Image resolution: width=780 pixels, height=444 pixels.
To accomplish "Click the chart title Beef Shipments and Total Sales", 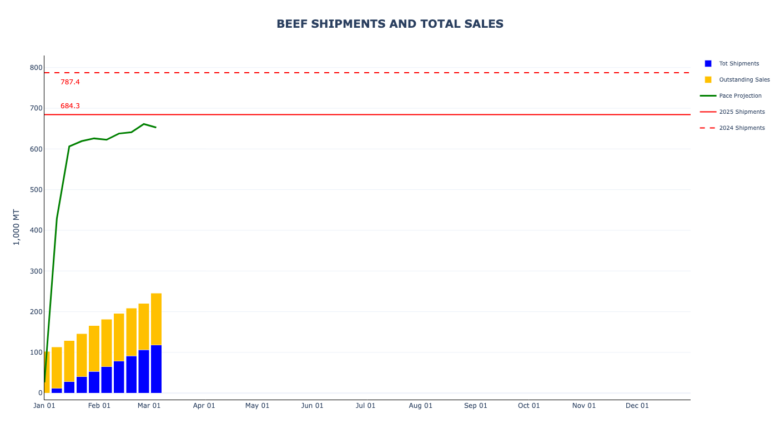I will tap(390, 24).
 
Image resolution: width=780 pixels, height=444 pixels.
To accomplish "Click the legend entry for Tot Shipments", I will tap(738, 64).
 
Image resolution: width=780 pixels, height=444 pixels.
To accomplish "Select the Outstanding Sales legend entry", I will tap(744, 80).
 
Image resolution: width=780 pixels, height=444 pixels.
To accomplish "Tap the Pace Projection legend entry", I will tap(740, 96).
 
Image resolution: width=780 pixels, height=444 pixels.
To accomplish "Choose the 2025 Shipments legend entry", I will tap(742, 112).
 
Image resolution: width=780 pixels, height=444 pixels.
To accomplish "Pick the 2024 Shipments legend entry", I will tap(742, 128).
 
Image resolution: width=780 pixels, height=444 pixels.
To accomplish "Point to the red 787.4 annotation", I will tap(70, 82).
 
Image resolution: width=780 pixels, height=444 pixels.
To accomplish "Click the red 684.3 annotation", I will tap(70, 106).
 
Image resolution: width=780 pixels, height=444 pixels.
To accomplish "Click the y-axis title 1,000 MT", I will tap(16, 227).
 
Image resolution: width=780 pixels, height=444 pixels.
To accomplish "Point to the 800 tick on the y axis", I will tap(36, 68).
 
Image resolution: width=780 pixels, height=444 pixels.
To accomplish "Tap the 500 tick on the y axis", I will tap(36, 190).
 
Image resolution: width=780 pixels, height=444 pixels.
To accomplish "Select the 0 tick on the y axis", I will tap(40, 393).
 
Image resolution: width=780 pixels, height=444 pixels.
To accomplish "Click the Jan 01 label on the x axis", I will tap(44, 406).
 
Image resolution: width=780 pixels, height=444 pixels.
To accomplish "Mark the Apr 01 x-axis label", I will tap(204, 406).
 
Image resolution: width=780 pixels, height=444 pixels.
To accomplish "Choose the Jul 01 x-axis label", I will tap(365, 406).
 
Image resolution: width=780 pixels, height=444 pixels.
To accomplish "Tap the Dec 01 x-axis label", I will tap(637, 406).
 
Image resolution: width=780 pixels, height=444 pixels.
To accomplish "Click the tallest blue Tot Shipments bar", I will tap(156, 369).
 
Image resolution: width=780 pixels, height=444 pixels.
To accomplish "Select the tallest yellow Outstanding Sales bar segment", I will tap(156, 319).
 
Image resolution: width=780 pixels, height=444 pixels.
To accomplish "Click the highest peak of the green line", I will tap(144, 124).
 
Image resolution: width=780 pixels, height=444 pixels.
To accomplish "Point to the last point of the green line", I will tap(156, 128).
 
